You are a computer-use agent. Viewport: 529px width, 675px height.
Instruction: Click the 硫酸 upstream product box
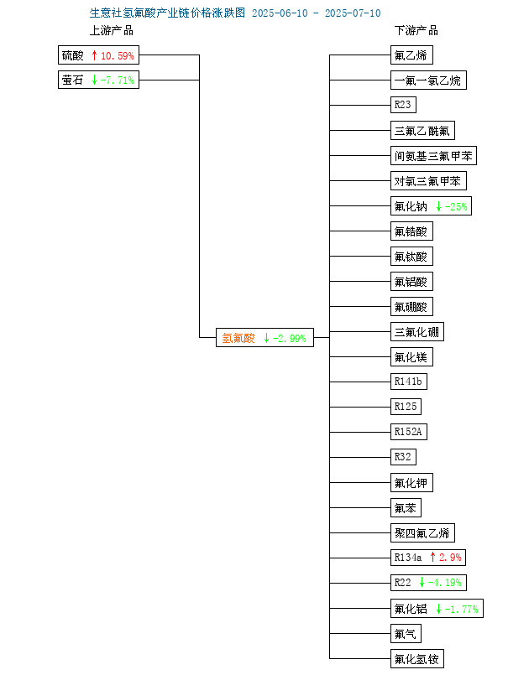(x=99, y=55)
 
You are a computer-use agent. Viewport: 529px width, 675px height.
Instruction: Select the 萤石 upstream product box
(x=99, y=80)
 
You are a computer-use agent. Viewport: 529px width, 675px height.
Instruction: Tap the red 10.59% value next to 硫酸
(x=118, y=55)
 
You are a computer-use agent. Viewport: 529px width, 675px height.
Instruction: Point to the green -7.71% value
(x=118, y=80)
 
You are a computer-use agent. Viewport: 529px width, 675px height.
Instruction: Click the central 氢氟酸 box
(x=264, y=337)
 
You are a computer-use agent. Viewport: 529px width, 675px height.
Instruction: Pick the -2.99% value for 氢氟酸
(x=290, y=339)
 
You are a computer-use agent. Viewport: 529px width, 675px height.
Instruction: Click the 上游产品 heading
(x=111, y=30)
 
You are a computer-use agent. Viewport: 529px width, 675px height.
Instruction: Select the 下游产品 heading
(x=416, y=30)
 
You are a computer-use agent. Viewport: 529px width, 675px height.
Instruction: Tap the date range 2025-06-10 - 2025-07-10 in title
(x=317, y=13)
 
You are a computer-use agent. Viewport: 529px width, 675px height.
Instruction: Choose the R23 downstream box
(x=404, y=105)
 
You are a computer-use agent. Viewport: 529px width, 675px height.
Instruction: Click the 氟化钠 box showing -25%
(x=431, y=206)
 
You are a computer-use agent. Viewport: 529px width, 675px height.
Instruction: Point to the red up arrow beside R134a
(x=433, y=557)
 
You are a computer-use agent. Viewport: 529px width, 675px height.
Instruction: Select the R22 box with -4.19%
(x=428, y=583)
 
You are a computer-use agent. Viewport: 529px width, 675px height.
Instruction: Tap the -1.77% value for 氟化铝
(x=461, y=609)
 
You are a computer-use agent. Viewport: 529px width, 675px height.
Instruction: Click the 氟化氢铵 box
(x=417, y=658)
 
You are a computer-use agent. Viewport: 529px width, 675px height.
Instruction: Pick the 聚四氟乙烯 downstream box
(x=422, y=533)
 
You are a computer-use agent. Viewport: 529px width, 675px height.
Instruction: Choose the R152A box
(x=409, y=431)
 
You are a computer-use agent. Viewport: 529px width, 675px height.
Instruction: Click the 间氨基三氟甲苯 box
(x=434, y=156)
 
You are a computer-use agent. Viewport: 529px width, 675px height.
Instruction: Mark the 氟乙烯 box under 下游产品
(x=411, y=55)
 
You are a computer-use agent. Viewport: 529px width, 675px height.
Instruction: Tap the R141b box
(x=409, y=381)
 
